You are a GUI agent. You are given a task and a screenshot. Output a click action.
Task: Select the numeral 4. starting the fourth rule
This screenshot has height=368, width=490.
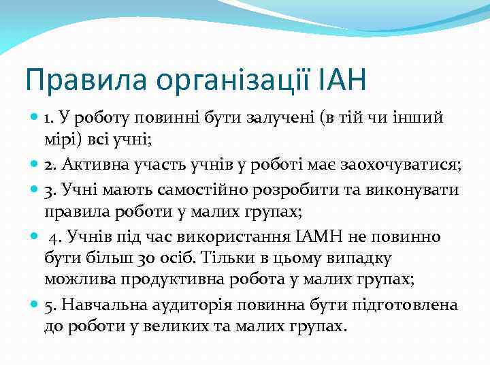pos(55,236)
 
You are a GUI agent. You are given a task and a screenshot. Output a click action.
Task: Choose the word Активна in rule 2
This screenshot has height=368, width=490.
pos(93,166)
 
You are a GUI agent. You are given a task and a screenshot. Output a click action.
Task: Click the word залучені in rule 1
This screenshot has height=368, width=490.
pos(280,118)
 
